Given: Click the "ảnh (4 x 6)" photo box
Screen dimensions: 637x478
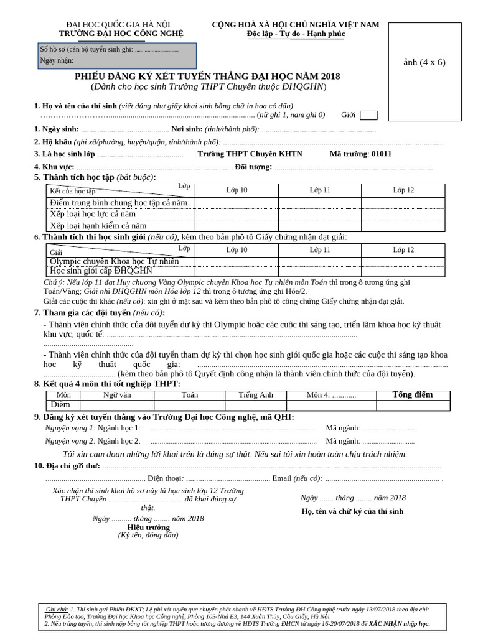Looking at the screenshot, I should (424, 62).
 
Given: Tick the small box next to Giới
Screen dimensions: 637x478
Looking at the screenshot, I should (368, 115).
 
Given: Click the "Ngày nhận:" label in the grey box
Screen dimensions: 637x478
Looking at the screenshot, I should (57, 60).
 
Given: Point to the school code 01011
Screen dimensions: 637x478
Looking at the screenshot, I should (381, 154).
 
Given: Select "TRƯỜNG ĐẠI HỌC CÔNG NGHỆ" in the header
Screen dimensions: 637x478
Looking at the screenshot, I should (121, 34).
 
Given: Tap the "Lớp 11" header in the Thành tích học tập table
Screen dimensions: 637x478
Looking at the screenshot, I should (320, 190).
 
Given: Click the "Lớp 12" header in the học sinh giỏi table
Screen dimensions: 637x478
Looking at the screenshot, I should (403, 249).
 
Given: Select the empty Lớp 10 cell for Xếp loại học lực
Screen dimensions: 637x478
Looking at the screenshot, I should (237, 214).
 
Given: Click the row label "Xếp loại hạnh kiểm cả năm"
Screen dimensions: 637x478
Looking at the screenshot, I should (98, 226).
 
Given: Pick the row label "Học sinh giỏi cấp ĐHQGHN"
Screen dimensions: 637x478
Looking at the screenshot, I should (101, 271).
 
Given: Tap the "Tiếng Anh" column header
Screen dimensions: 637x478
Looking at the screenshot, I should (256, 395).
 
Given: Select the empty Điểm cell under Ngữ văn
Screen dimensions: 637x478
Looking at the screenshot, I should (118, 405).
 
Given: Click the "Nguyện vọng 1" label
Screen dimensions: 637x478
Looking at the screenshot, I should (70, 428).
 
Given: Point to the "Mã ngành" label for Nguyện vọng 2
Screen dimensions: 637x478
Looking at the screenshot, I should (343, 441).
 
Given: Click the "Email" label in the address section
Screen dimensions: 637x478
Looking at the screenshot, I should (281, 478).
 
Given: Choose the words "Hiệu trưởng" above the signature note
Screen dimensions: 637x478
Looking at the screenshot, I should (148, 527).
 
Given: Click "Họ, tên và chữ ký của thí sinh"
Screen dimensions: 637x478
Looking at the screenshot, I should (352, 511).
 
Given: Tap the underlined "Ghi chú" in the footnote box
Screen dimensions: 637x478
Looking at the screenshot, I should (57, 609).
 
